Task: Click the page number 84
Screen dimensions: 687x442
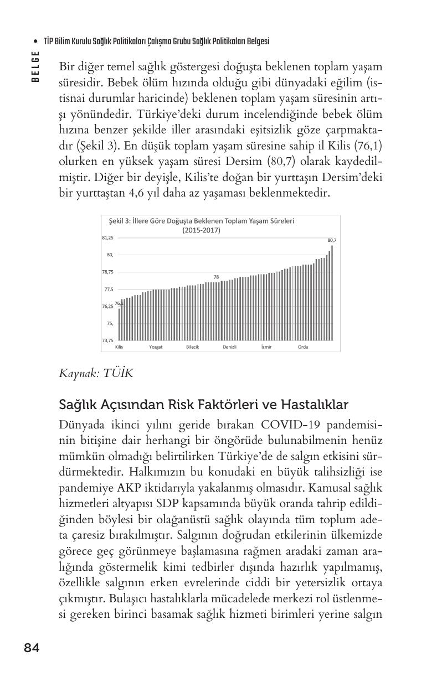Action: point(32,648)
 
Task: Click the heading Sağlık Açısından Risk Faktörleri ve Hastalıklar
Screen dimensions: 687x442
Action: point(203,405)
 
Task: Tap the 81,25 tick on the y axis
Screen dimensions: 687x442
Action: point(107,237)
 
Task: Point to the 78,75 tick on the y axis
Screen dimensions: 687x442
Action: point(107,272)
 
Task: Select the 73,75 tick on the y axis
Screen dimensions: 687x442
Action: point(107,340)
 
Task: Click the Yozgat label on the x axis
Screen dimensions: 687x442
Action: point(156,347)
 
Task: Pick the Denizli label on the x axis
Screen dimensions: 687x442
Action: point(230,347)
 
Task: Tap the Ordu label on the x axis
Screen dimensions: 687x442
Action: point(303,347)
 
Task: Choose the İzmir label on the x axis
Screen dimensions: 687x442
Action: point(266,347)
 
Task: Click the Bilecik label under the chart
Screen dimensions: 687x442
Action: point(192,347)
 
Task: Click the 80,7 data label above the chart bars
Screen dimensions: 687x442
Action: point(332,240)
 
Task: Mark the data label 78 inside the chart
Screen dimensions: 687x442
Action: point(216,276)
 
